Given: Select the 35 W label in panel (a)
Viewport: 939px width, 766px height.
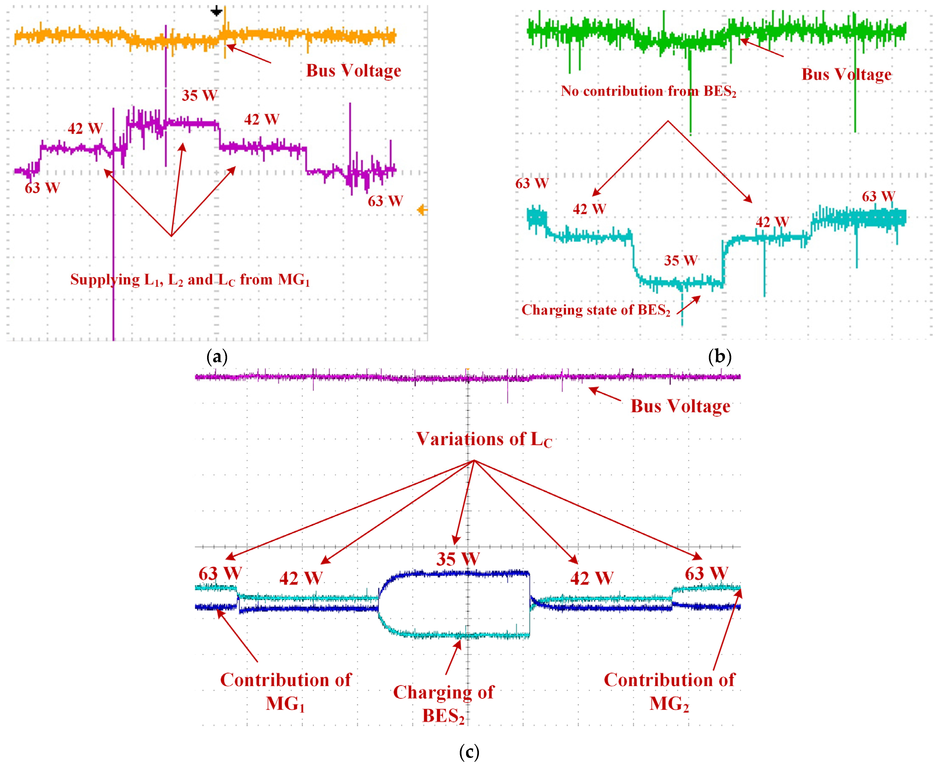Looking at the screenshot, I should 199,95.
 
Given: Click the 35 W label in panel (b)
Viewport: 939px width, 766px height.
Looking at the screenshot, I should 680,260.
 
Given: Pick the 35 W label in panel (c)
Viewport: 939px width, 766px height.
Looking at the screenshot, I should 458,559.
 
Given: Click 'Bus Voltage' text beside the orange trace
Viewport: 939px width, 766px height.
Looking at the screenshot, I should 353,71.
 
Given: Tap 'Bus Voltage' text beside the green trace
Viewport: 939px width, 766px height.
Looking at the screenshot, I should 846,74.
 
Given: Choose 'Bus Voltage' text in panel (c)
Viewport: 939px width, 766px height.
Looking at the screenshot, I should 680,406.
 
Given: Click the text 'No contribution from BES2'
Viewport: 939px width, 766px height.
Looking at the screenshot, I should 648,91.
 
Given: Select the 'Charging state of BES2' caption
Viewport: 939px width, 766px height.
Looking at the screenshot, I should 596,310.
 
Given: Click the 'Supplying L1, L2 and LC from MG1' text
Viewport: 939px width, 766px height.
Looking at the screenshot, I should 190,280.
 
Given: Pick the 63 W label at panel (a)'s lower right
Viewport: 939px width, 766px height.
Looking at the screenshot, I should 385,201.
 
